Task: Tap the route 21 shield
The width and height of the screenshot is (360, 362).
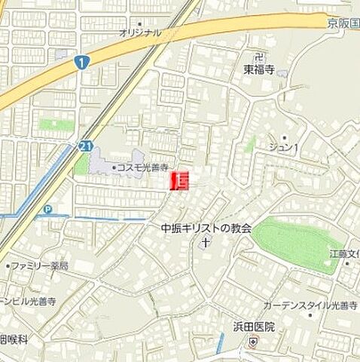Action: [x=85, y=146]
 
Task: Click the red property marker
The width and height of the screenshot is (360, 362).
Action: [x=181, y=180]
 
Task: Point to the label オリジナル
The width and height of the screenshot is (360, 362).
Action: [x=140, y=32]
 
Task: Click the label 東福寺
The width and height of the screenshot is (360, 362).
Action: [x=261, y=70]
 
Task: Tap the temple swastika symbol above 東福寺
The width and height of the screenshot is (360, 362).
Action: [x=260, y=57]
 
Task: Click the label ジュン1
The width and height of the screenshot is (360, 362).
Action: [x=285, y=147]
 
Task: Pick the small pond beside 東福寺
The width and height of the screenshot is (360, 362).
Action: [x=282, y=75]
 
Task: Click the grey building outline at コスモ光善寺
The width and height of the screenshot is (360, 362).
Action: [x=102, y=161]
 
